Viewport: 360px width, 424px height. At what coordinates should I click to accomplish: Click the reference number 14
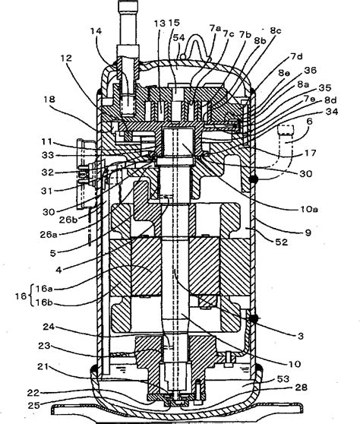point(96,32)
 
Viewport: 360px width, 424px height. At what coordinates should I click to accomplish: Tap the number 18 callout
point(71,99)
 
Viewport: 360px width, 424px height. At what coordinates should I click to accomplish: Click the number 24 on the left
point(71,331)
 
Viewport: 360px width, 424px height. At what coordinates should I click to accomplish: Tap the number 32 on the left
point(67,172)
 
